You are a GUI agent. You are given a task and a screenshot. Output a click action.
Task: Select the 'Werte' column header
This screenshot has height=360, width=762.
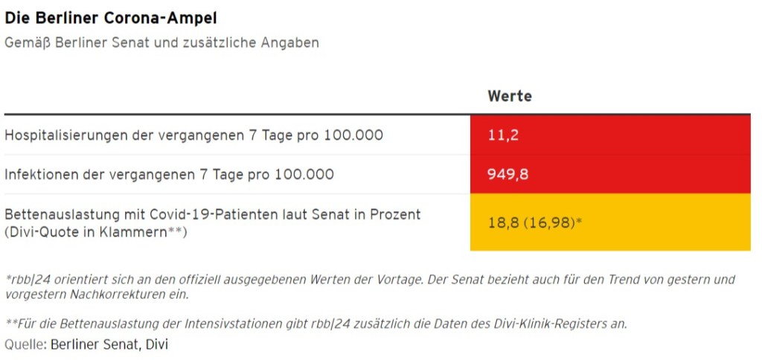(x=509, y=96)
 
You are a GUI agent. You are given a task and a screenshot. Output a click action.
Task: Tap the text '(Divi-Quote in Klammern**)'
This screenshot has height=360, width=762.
(x=95, y=232)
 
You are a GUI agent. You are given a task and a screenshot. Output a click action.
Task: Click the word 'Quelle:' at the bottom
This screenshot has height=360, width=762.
(x=25, y=345)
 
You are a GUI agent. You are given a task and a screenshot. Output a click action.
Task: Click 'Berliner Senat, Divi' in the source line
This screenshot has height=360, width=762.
(x=109, y=345)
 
